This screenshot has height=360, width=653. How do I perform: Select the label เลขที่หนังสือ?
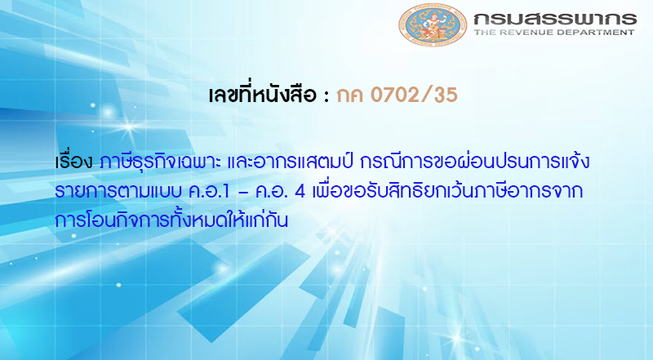pyautogui.click(x=261, y=95)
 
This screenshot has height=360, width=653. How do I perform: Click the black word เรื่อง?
pyautogui.click(x=74, y=162)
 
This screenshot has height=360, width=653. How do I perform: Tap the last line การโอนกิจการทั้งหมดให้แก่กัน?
pyautogui.click(x=171, y=220)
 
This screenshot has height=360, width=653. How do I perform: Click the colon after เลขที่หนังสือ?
pyautogui.click(x=325, y=96)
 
